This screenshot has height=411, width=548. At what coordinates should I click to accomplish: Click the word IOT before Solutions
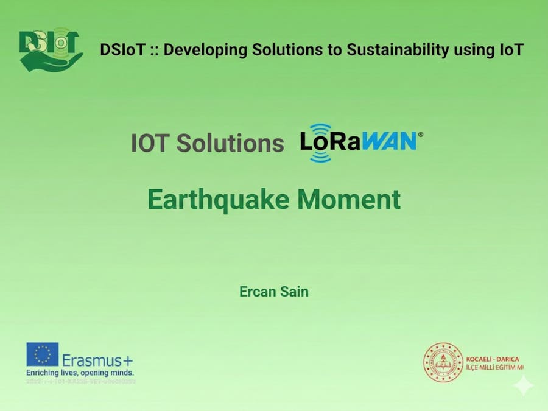[150, 144]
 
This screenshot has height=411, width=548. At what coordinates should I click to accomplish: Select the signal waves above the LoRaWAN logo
[321, 128]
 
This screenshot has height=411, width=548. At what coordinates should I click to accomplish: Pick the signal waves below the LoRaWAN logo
[321, 157]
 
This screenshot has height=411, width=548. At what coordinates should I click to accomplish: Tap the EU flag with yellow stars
[43, 354]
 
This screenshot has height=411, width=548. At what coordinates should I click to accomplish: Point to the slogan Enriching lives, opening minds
[80, 372]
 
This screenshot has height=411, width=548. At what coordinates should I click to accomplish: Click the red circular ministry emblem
[443, 362]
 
